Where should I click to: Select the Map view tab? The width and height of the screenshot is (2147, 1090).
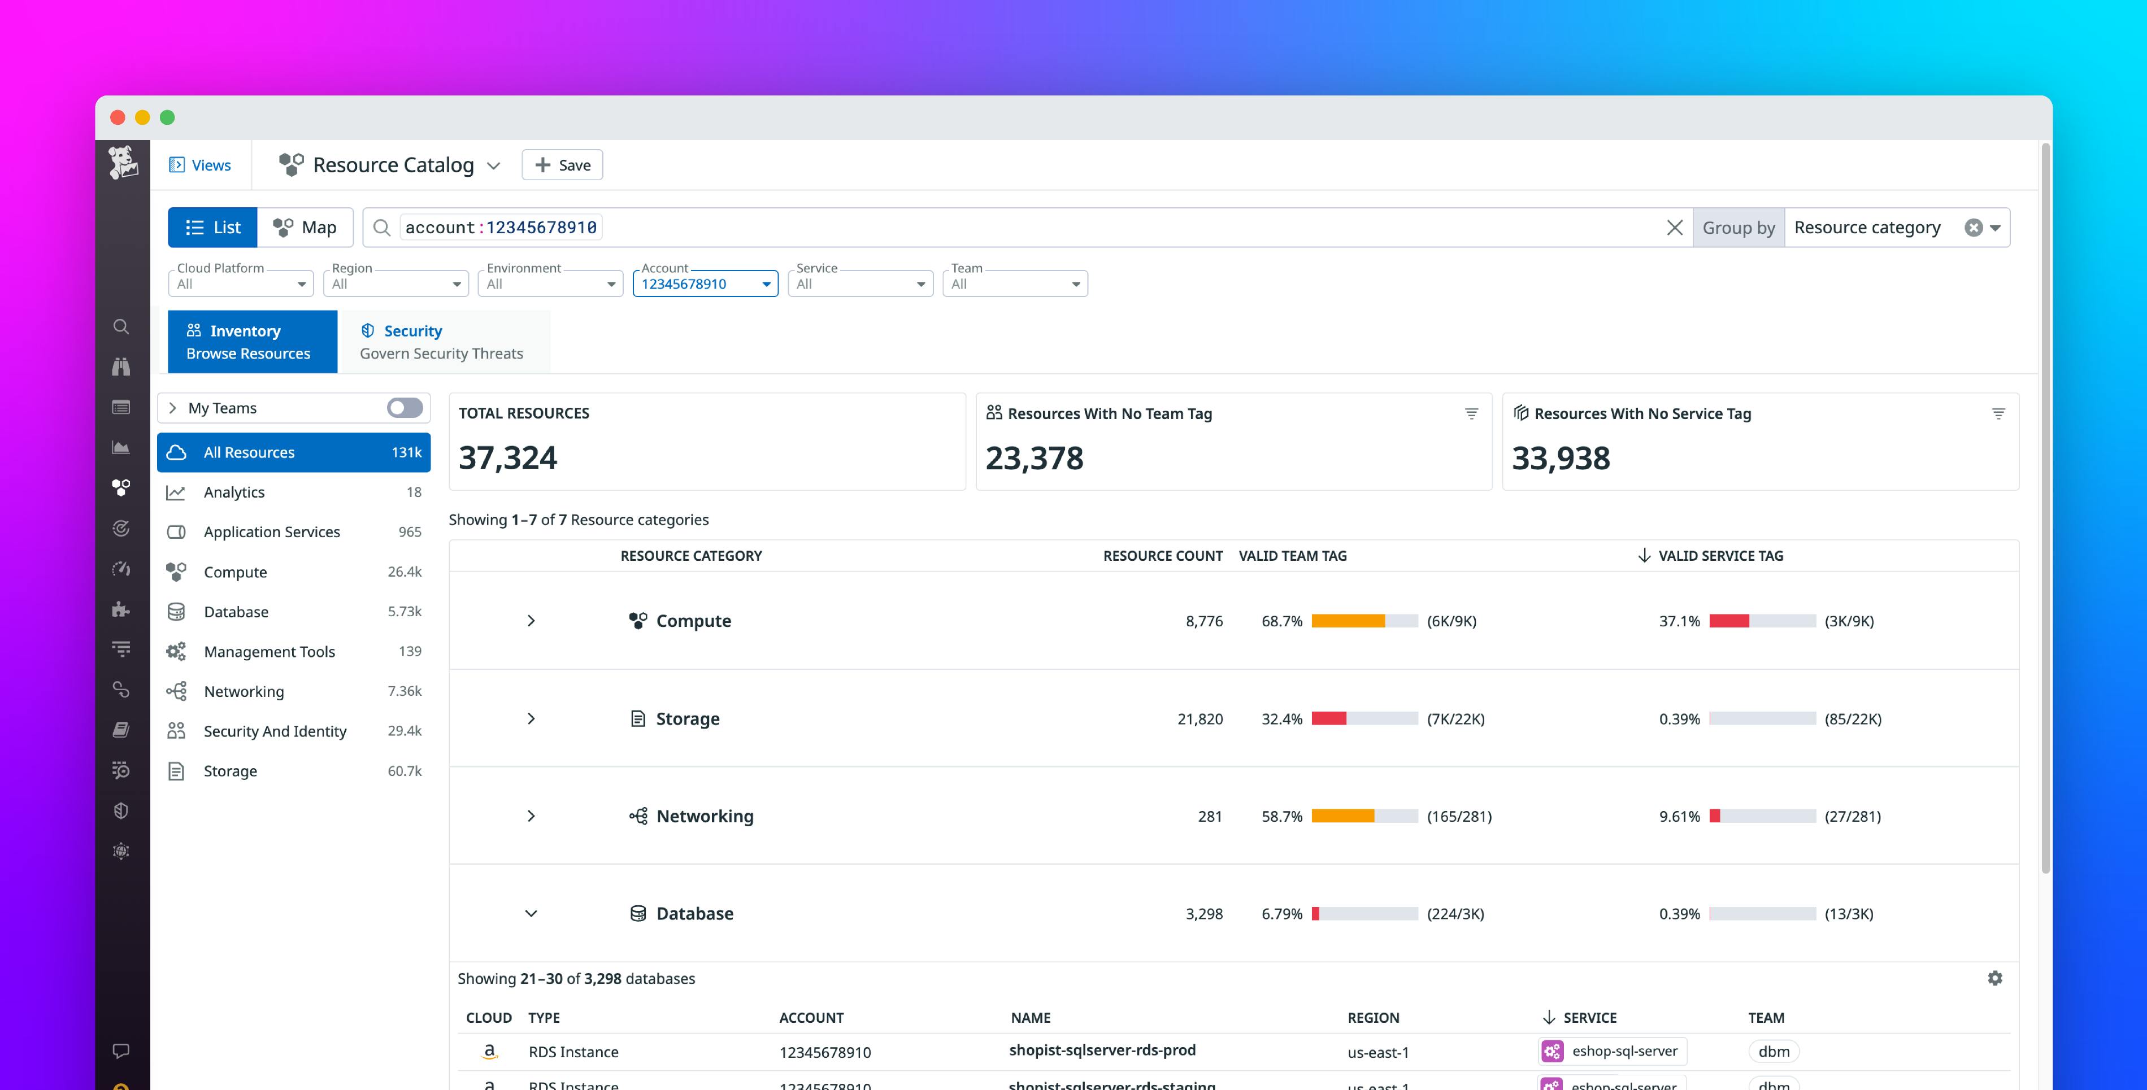click(305, 228)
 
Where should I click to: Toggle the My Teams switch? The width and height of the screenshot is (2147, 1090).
click(405, 408)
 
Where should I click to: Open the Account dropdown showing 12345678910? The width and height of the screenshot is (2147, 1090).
click(705, 284)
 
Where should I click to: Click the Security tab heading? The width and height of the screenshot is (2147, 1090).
click(412, 331)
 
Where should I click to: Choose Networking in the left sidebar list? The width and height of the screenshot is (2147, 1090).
click(244, 691)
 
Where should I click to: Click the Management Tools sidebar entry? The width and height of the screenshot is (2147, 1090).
click(268, 651)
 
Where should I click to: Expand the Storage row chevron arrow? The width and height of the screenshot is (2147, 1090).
click(531, 718)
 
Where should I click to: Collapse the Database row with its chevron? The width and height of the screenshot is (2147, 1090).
click(531, 913)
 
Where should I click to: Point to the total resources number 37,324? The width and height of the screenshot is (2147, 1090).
click(507, 457)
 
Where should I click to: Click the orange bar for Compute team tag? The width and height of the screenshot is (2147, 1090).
click(1348, 621)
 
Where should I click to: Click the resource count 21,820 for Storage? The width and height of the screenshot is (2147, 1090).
click(1199, 718)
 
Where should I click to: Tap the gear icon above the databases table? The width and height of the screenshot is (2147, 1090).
click(1994, 978)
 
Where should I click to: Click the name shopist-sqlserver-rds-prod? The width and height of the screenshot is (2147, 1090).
click(1102, 1050)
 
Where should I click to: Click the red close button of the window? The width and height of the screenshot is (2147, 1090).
click(118, 117)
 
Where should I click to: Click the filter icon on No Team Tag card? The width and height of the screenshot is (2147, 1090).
click(1471, 413)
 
